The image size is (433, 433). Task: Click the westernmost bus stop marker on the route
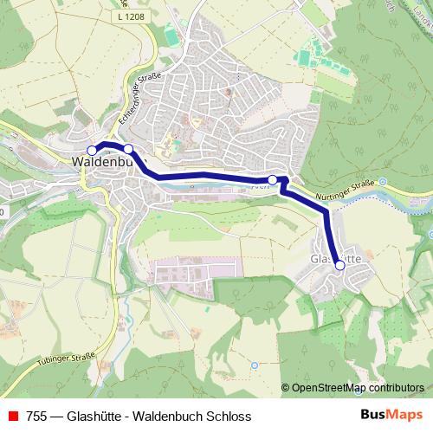93,150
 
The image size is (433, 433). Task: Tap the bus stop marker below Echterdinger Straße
128,149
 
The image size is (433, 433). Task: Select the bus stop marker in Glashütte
339,266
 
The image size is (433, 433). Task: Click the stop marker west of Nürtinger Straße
273,180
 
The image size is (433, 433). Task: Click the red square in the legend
12,417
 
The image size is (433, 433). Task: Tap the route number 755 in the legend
37,417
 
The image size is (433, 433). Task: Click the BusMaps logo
391,416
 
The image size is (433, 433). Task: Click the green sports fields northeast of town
307,59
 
